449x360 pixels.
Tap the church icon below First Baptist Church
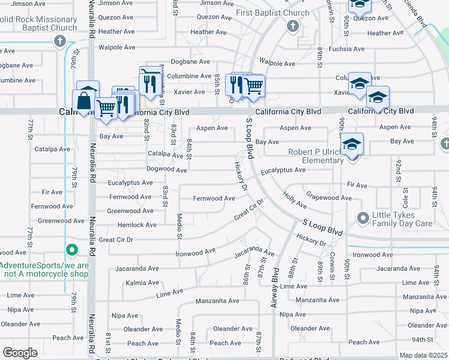point(292,26)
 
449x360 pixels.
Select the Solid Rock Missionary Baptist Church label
point(39,23)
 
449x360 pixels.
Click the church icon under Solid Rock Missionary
point(59,41)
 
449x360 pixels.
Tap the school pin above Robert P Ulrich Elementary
point(352,144)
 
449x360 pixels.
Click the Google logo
point(20,353)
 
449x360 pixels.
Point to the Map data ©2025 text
point(423,355)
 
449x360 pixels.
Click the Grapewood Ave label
point(329,197)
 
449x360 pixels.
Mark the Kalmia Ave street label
point(142,283)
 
